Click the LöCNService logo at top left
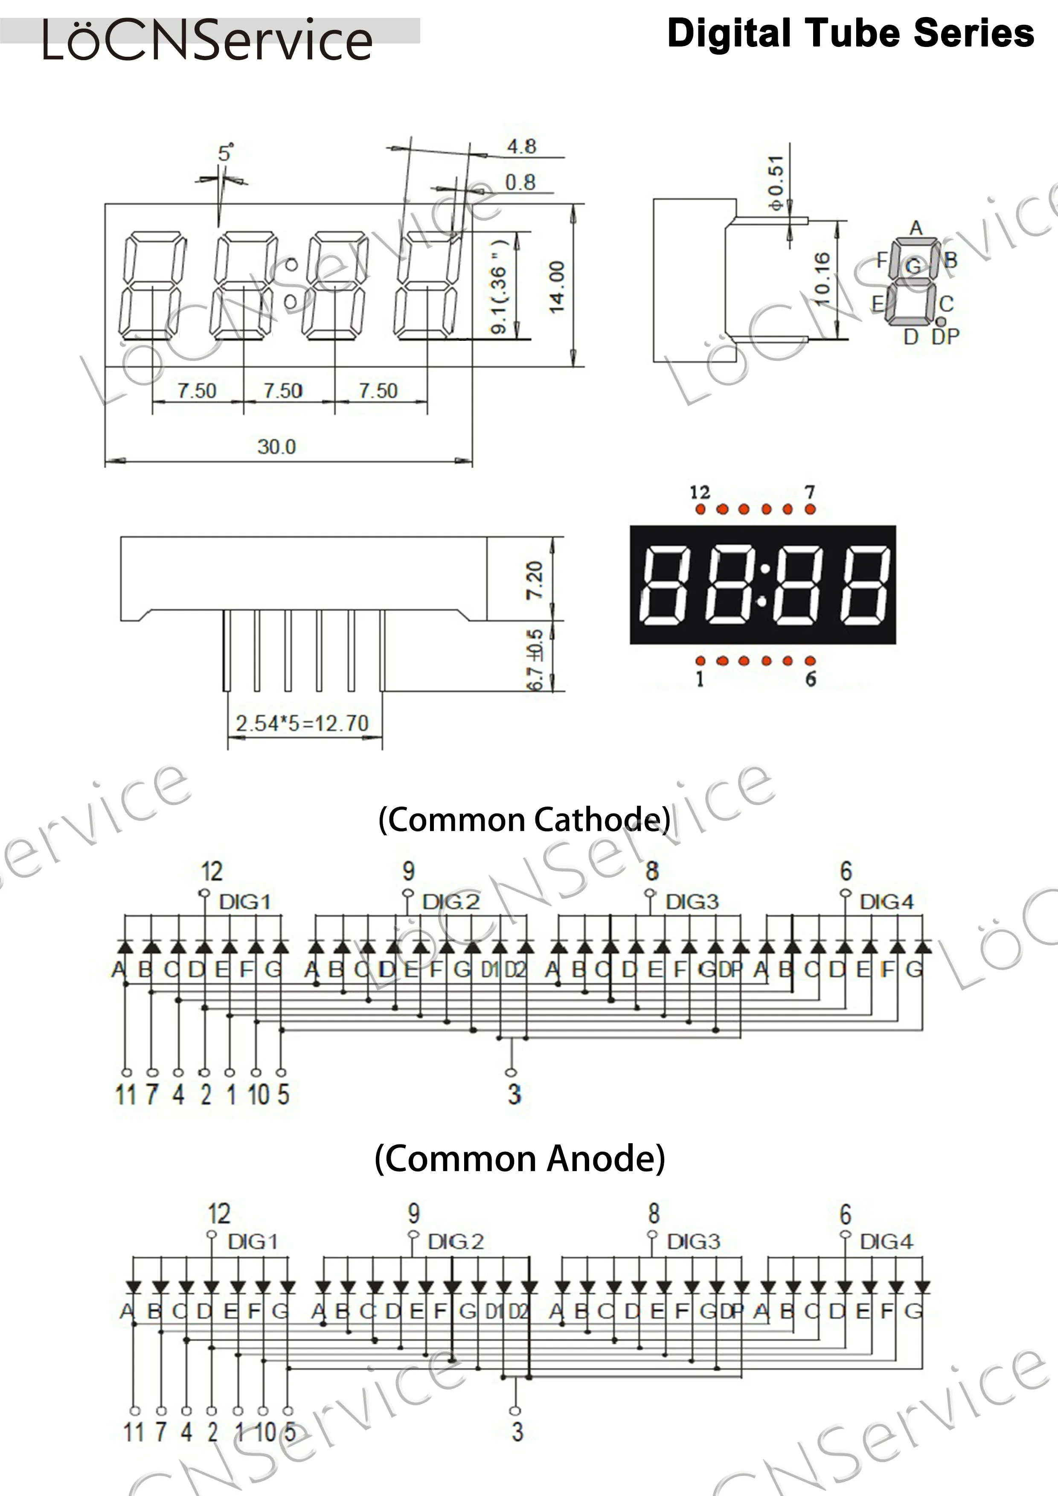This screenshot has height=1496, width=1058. (207, 41)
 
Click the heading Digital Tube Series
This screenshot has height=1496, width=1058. (850, 34)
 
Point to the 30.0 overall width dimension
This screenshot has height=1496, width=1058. (276, 447)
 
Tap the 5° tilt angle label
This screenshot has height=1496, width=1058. (225, 153)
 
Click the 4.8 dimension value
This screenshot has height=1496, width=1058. (522, 147)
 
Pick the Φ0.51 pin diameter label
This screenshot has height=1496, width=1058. (776, 183)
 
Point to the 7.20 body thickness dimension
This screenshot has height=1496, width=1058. (534, 580)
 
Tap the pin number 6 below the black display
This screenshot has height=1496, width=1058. (811, 679)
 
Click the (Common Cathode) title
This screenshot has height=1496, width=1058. (524, 820)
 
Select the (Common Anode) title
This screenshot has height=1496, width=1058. (520, 1159)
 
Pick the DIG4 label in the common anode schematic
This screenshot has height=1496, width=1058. (886, 1241)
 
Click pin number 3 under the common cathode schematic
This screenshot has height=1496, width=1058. (514, 1094)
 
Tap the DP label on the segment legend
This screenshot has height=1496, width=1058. (945, 337)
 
